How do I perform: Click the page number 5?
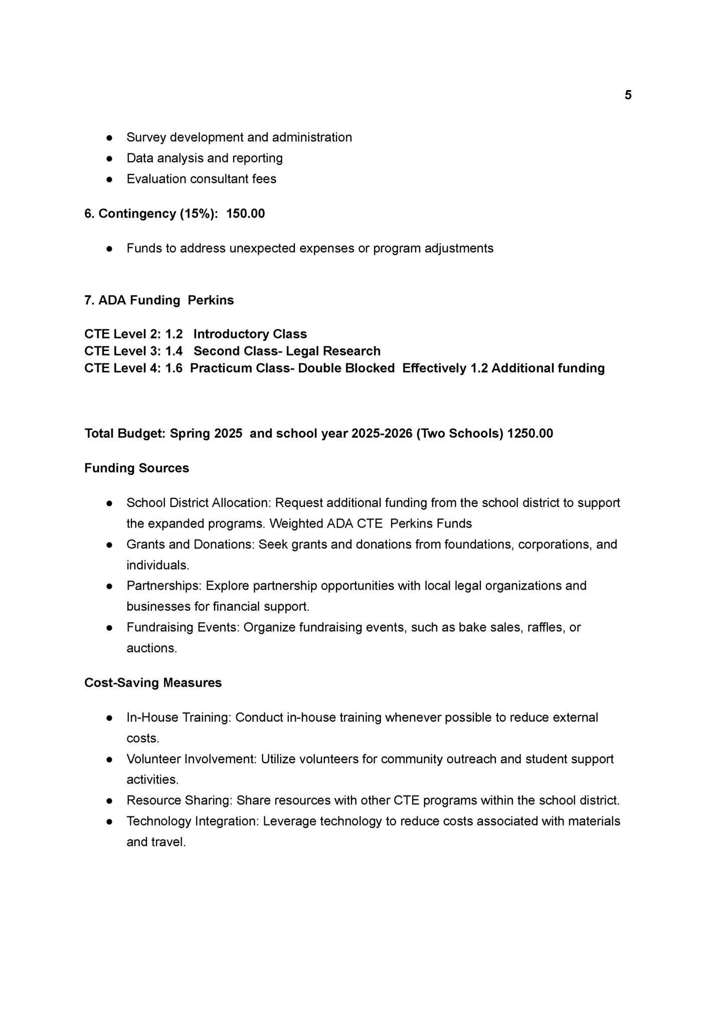pos(628,95)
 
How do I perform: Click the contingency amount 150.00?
pos(245,214)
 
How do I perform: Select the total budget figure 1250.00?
pos(530,433)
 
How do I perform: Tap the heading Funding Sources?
pos(136,468)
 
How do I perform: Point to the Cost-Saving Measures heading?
pos(153,683)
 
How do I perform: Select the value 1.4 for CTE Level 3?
pos(174,351)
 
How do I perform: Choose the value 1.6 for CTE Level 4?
pos(174,368)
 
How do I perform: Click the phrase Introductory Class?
pos(250,334)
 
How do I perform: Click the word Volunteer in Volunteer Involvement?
pos(153,759)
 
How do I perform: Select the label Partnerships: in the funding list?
pos(164,586)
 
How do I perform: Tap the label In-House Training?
pos(179,717)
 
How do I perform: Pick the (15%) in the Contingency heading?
pos(199,214)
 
